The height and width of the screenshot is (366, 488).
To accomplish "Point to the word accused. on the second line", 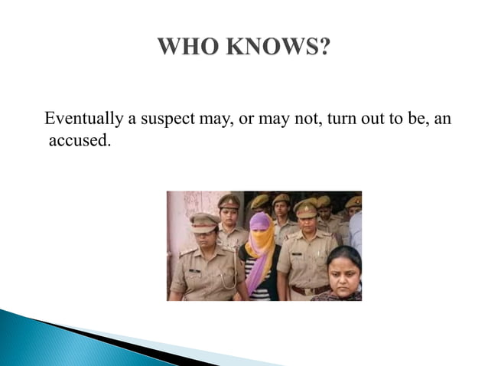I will tap(75, 141).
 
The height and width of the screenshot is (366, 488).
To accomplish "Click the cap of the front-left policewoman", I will tap(203, 222).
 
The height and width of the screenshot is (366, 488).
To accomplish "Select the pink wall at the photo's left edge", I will tap(177, 230).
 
